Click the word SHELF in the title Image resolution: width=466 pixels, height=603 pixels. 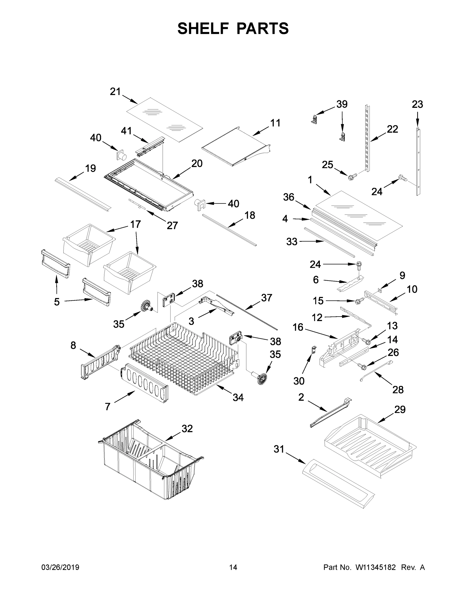click(203, 28)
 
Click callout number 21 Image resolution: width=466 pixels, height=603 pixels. click(115, 91)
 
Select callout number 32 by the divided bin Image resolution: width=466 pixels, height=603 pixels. click(187, 428)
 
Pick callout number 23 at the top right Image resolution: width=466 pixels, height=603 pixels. click(417, 104)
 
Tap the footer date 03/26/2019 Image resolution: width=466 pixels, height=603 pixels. click(60, 567)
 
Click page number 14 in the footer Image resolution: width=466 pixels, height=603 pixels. click(233, 567)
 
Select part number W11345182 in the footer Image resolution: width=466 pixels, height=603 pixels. click(376, 567)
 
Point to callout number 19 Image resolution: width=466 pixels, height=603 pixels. click(90, 168)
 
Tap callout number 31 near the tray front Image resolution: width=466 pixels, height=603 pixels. click(279, 449)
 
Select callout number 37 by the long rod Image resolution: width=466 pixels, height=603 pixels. click(266, 298)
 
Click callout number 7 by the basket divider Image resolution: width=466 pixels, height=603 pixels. click(108, 407)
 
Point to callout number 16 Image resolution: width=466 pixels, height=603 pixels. click(298, 327)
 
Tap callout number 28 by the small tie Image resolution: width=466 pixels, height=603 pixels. click(398, 390)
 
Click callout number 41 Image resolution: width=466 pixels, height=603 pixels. click(126, 131)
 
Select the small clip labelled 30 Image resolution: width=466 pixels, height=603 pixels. click(314, 350)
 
